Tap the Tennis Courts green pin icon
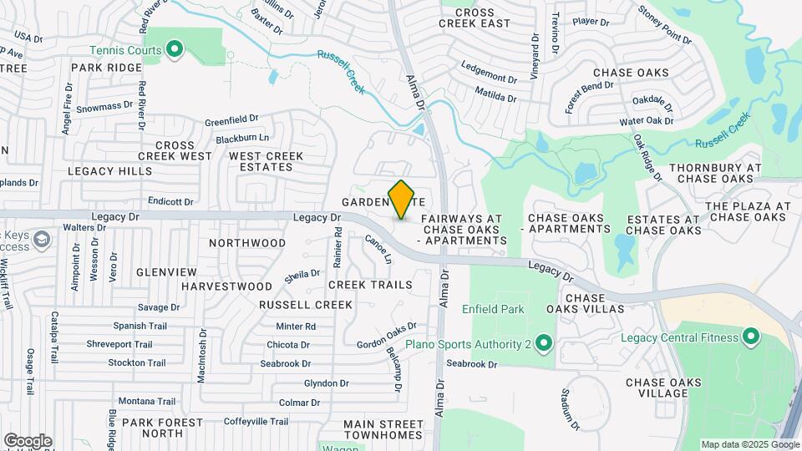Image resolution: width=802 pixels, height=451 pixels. (x=175, y=51)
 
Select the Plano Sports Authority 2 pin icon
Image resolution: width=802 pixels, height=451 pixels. (x=544, y=343)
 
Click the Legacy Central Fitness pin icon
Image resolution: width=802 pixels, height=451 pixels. (x=750, y=337)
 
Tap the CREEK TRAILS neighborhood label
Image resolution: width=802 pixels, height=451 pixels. (x=370, y=285)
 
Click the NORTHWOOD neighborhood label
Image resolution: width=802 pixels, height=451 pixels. (x=247, y=243)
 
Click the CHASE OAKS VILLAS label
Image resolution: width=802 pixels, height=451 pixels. (x=596, y=303)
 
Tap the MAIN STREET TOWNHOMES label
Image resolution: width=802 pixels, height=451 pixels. (x=383, y=429)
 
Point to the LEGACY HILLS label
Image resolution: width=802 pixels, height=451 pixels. (x=110, y=171)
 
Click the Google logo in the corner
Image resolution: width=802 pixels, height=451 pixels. (x=28, y=441)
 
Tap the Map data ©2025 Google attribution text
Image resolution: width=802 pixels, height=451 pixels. (x=749, y=444)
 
